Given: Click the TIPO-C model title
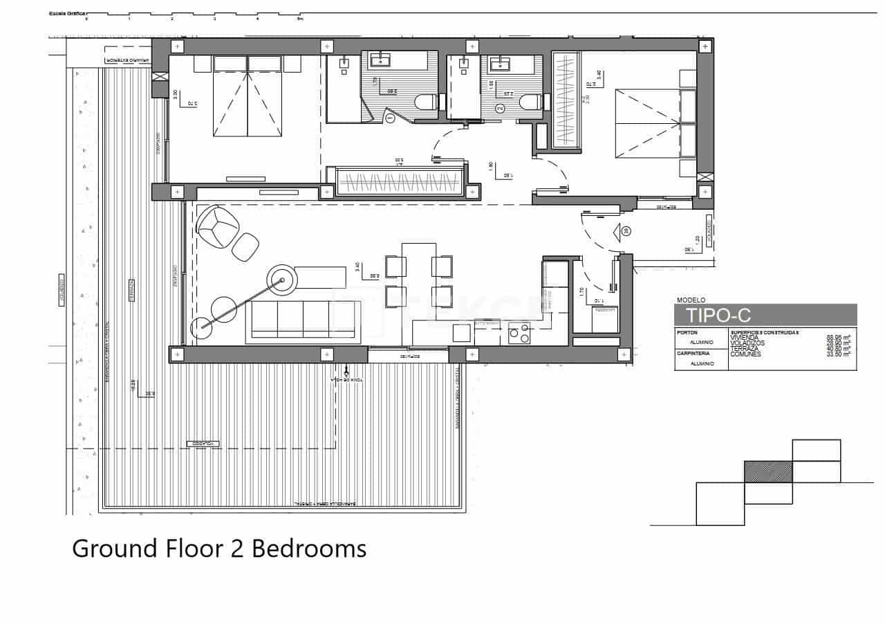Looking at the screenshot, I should [x=718, y=316].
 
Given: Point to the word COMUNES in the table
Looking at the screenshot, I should [x=745, y=354].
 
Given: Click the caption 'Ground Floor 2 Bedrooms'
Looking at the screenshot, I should [x=219, y=549].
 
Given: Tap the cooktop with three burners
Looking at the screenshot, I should [x=519, y=334].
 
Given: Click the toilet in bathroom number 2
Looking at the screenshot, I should [x=529, y=103].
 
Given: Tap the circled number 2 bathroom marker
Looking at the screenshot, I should [x=501, y=108].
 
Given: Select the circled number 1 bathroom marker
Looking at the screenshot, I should [x=390, y=118].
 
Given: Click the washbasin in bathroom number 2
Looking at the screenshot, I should [x=500, y=65].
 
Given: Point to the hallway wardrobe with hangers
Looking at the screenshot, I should [x=399, y=181].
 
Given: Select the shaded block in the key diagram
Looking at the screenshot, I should [x=767, y=472].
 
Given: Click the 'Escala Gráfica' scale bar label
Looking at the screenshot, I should [x=66, y=13].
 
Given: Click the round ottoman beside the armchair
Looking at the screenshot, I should [x=245, y=247].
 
